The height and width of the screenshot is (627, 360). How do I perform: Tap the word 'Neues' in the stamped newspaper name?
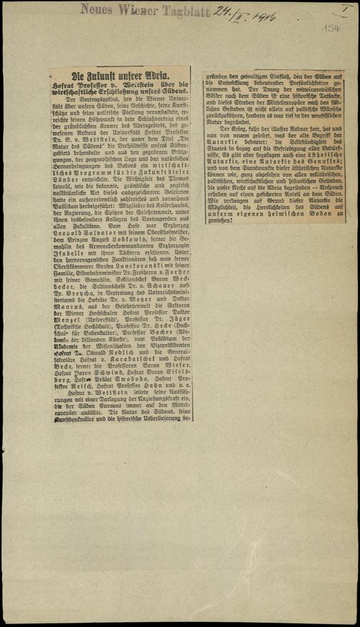coord(96,9)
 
